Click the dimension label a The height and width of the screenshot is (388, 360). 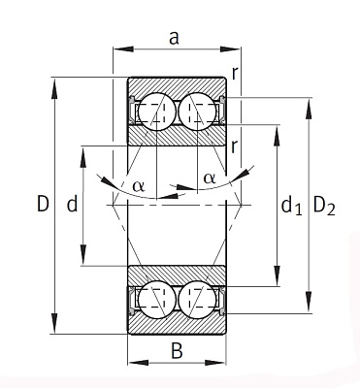[x=174, y=38]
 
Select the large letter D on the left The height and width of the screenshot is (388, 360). [x=43, y=204]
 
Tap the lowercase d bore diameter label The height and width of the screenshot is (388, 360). [x=72, y=204]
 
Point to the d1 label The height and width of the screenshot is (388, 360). [x=291, y=206]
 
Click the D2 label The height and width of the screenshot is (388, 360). [x=324, y=206]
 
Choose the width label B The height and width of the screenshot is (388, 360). [x=177, y=350]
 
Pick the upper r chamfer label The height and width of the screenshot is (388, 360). [x=235, y=74]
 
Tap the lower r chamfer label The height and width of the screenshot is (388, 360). [x=235, y=147]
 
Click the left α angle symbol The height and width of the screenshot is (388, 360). [x=139, y=186]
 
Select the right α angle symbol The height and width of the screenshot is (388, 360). [x=210, y=178]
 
